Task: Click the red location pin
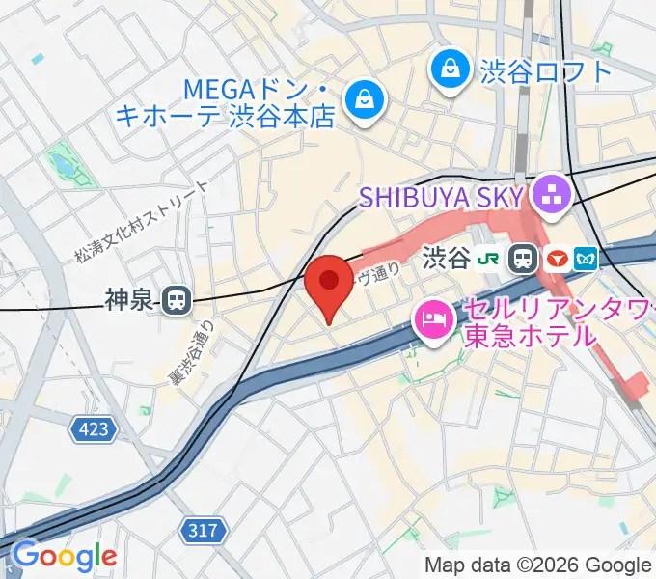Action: click(329, 285)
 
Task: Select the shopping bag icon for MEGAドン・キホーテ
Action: click(366, 97)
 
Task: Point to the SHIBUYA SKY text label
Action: click(441, 198)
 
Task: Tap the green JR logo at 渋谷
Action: click(493, 258)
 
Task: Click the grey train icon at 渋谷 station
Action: click(524, 258)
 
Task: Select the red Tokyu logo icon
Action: click(556, 258)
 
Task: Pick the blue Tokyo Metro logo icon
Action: click(586, 258)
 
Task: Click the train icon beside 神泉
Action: click(176, 301)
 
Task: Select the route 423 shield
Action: click(95, 427)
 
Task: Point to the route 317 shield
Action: click(204, 530)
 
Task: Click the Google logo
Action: click(64, 557)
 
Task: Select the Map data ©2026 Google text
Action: click(538, 565)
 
